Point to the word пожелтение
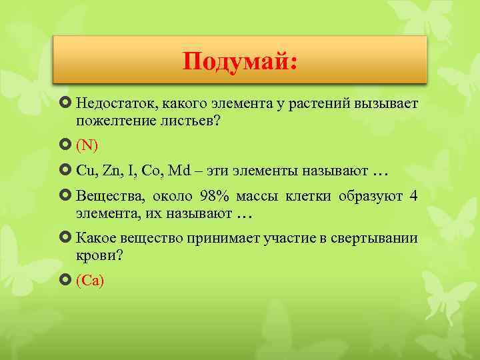112,122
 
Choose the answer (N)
87,145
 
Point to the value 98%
214,196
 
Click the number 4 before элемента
414,196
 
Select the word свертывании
380,238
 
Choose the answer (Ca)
90,281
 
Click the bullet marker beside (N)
65,145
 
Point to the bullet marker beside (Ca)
65,280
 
